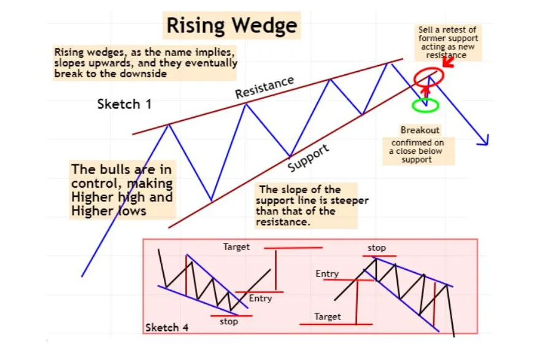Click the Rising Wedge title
coord(232,26)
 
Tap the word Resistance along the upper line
coord(264,87)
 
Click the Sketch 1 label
coord(125,104)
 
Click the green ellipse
coord(426,105)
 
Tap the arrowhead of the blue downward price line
coord(485,142)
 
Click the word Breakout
coord(420,130)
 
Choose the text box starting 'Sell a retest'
coord(447,42)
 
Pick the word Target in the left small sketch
coord(236,247)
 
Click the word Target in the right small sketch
coord(328,316)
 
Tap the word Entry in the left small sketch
coord(260,299)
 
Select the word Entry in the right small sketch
coord(327,274)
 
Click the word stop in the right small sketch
coord(377,248)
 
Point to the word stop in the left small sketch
coord(228,321)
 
